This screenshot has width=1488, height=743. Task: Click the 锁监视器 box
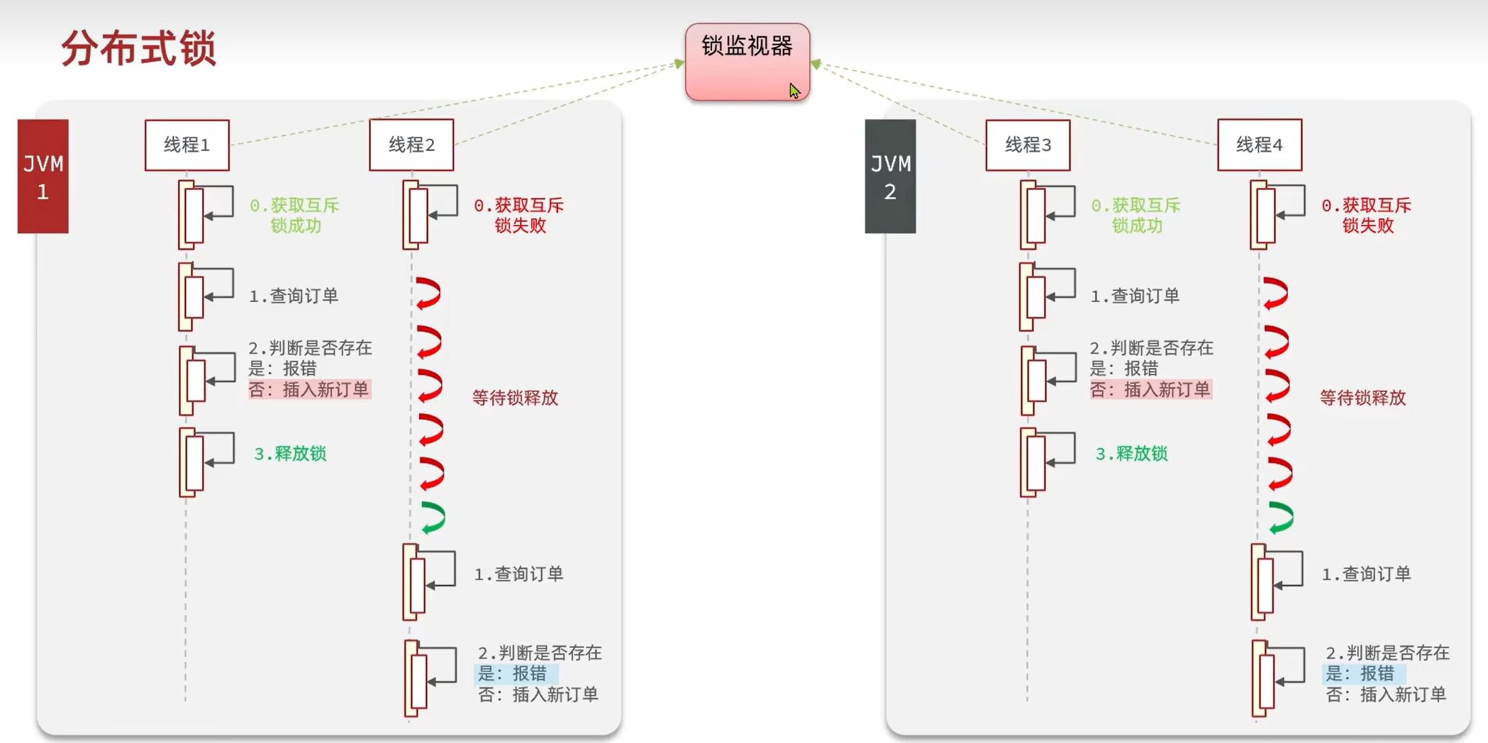747,62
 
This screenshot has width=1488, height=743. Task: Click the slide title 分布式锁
139,48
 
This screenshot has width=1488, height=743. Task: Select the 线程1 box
187,145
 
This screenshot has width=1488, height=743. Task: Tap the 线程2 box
411,145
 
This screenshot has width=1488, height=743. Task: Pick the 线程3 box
1028,145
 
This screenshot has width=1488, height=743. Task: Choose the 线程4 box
1260,145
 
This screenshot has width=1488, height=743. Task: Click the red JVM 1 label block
43,176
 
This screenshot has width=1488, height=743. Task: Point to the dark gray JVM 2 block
890,176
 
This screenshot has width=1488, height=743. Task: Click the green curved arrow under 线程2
433,518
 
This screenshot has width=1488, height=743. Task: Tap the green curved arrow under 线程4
1281,518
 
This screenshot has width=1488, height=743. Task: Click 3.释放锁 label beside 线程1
290,454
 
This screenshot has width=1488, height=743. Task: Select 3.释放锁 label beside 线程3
1131,454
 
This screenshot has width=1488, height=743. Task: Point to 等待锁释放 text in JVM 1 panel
516,398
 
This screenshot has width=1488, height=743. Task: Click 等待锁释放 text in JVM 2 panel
1362,398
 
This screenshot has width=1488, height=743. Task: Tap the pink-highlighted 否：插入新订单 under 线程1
309,389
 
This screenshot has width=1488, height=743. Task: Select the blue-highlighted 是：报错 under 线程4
1361,673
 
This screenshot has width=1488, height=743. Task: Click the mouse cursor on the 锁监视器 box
794,90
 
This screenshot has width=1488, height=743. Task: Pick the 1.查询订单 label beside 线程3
1135,296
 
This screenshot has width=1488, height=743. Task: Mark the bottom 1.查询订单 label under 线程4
1366,574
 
